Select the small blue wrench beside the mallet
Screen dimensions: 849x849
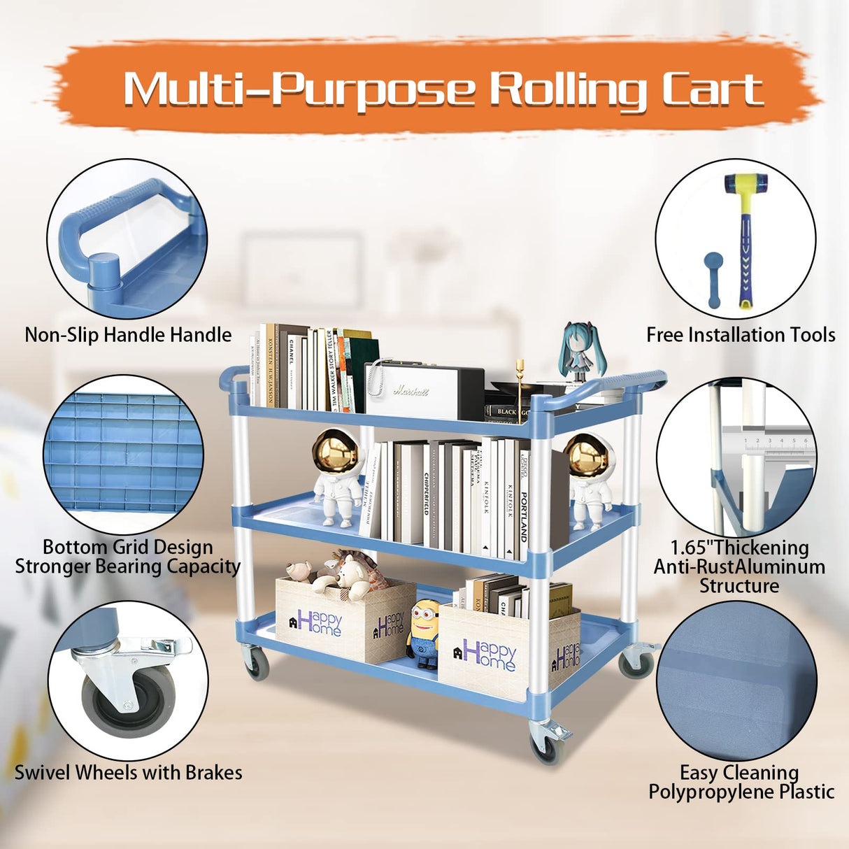713,278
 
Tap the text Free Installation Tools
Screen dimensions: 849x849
740,336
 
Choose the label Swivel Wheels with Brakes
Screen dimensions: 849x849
129,773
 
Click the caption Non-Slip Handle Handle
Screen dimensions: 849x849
128,335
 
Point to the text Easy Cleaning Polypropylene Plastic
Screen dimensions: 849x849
741,783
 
